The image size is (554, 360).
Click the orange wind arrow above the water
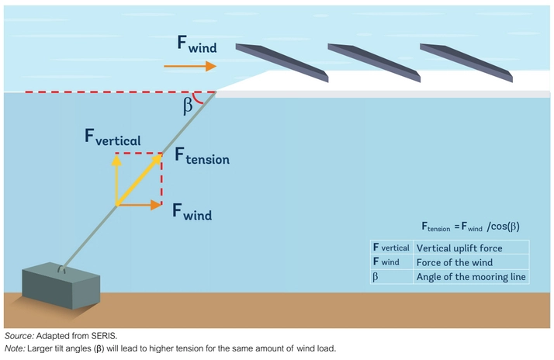pos(189,67)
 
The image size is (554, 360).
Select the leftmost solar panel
pos(282,61)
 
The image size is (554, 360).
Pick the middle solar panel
pos(375,61)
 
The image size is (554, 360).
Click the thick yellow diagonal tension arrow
pos(140,179)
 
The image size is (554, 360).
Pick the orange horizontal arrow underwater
pos(139,206)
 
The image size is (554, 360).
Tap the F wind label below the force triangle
pos(192,210)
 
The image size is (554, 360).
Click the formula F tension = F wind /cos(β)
pos(471,227)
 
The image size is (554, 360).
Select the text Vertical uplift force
pos(459,248)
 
